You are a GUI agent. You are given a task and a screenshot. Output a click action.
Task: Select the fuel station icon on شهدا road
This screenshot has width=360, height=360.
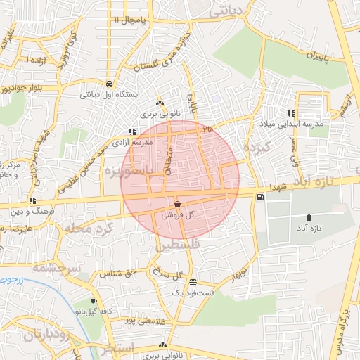pos(261,197)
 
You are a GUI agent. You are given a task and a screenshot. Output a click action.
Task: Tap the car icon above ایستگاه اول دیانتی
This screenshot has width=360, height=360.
pos(108,83)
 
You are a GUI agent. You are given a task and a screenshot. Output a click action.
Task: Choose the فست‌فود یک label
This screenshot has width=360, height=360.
pos(194,292)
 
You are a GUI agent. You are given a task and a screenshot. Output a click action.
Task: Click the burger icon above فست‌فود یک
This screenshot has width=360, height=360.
pos(193,281)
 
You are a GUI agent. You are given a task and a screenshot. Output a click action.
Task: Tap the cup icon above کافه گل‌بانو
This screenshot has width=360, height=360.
pos(93,302)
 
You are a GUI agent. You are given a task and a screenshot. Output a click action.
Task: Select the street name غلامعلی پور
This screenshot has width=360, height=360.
pos(138,321)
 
